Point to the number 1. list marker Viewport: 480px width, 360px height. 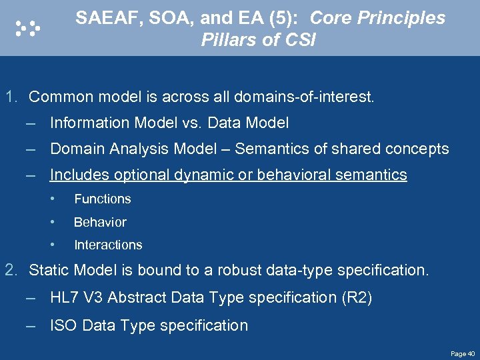click(x=12, y=97)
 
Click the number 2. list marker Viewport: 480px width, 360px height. click(x=12, y=270)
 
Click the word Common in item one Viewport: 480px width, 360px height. click(x=61, y=97)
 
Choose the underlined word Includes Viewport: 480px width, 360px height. click(x=79, y=175)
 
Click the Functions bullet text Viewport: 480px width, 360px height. click(x=102, y=199)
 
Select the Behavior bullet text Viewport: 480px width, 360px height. click(x=100, y=222)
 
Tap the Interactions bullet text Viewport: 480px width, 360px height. click(x=108, y=245)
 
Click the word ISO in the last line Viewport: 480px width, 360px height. click(x=63, y=325)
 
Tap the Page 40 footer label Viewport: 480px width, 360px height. click(x=463, y=353)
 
